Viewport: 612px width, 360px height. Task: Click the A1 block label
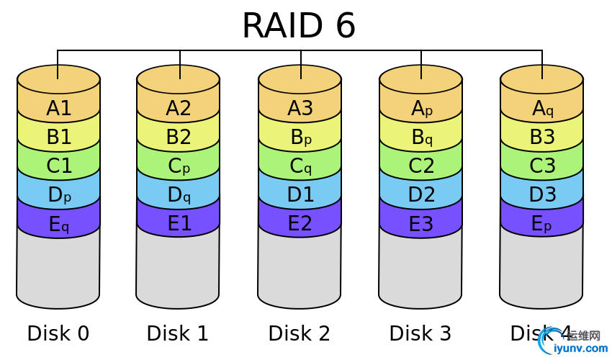click(x=59, y=108)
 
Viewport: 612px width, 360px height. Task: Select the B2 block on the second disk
click(x=179, y=137)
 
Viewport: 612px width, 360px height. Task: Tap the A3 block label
click(x=300, y=108)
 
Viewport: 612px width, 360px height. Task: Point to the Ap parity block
click(x=421, y=109)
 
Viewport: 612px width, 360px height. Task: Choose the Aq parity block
click(x=542, y=109)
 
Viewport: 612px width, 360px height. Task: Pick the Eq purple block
click(x=59, y=225)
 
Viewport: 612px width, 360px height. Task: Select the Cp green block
click(x=179, y=166)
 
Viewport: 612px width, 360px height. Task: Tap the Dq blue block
click(x=179, y=195)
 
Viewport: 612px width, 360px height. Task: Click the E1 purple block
click(x=179, y=224)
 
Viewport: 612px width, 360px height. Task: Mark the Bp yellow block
click(x=300, y=138)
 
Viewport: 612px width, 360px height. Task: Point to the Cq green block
click(x=300, y=166)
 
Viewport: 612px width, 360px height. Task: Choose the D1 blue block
click(x=300, y=194)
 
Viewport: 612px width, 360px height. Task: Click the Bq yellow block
click(x=421, y=138)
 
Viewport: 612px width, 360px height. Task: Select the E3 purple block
click(x=421, y=224)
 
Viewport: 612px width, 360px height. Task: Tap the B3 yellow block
click(x=542, y=137)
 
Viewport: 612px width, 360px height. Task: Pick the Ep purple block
click(x=542, y=224)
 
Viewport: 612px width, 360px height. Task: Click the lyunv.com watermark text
click(x=580, y=348)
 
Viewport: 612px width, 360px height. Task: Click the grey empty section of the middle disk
click(x=300, y=270)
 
